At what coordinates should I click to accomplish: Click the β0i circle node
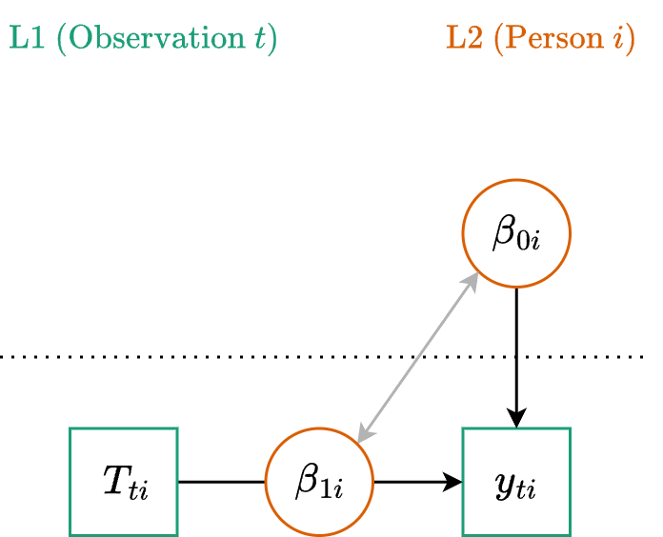pos(515,233)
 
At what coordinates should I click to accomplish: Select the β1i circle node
pos(318,482)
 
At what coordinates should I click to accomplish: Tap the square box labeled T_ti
pos(124,482)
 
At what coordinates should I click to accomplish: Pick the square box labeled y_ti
pos(515,482)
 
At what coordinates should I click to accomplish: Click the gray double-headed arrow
pos(416,358)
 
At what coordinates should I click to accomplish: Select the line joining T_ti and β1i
pos(221,482)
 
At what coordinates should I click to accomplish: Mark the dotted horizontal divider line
pos(191,357)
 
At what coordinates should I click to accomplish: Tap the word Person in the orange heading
pos(553,40)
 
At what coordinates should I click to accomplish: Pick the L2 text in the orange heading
pos(465,40)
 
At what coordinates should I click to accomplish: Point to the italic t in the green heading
pos(257,40)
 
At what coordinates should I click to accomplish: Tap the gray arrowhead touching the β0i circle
pos(472,278)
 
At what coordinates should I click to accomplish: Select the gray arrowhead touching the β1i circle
pos(362,436)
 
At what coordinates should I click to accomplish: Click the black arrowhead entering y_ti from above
pos(515,419)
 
